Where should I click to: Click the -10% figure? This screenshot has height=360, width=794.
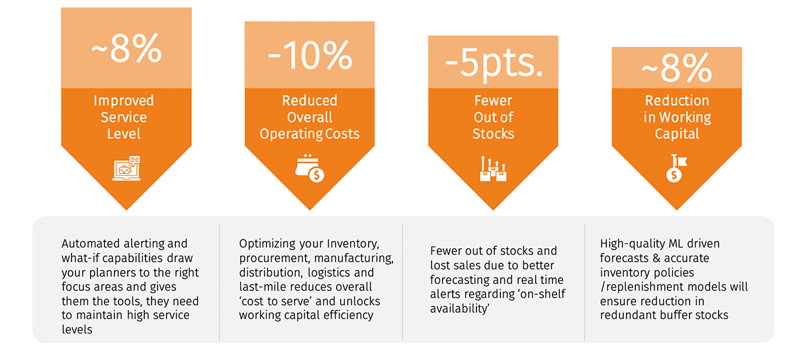310,56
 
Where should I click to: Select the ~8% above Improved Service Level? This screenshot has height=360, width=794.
126,48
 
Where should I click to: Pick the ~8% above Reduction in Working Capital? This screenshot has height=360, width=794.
677,67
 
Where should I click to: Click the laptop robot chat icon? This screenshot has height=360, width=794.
126,168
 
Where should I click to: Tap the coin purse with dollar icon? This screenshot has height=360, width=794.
310,168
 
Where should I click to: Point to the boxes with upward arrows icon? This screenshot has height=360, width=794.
493,169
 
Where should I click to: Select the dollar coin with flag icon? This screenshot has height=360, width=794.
676,168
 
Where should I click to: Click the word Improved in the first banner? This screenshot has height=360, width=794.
124,101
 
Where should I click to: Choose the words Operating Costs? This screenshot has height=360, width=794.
310,134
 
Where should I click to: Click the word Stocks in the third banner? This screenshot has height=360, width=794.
493,134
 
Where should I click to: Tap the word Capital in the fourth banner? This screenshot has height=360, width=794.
677,134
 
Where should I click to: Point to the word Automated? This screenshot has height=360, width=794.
91,244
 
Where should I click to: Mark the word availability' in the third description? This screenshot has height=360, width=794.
460,308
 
